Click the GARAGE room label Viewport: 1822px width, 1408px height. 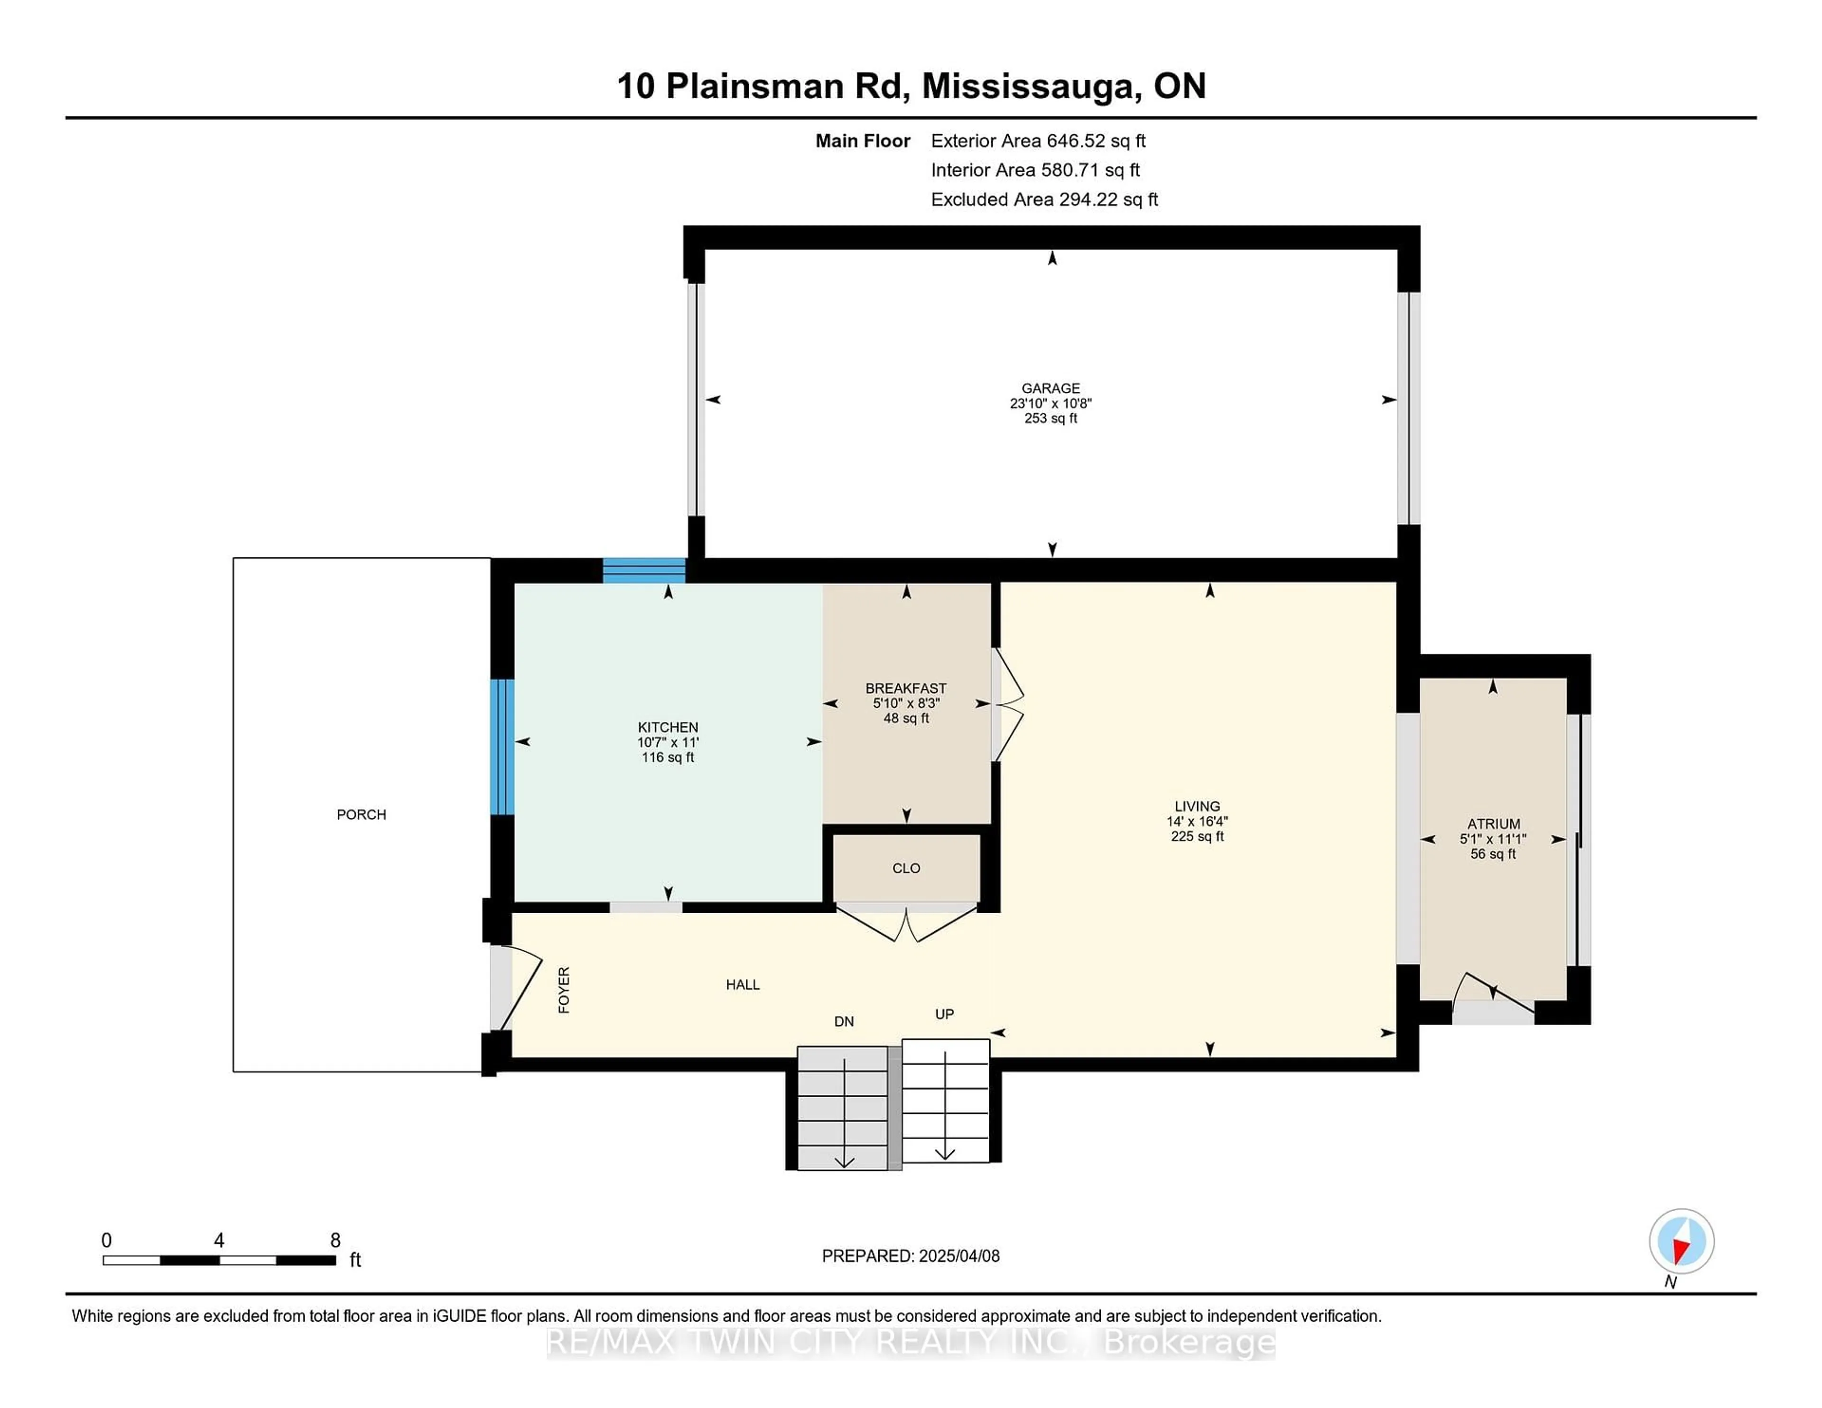(1050, 389)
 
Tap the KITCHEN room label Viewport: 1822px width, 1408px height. (668, 727)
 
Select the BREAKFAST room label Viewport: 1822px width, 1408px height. (905, 689)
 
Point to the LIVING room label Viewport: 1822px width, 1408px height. (1197, 806)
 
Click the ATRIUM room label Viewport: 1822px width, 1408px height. (1493, 824)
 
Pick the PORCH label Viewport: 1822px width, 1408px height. (361, 815)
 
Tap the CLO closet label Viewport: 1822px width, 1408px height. (906, 868)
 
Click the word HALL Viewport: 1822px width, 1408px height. (743, 985)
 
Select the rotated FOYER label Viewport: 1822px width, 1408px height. (564, 990)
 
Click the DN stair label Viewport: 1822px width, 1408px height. (844, 1022)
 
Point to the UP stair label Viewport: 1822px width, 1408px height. (944, 1014)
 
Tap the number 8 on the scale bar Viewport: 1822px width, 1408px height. (335, 1241)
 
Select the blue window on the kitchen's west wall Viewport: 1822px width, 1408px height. (502, 747)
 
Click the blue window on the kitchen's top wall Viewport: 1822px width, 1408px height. (644, 571)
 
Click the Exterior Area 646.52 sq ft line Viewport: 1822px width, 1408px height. (1039, 141)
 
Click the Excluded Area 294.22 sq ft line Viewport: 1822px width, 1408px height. (1044, 199)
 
